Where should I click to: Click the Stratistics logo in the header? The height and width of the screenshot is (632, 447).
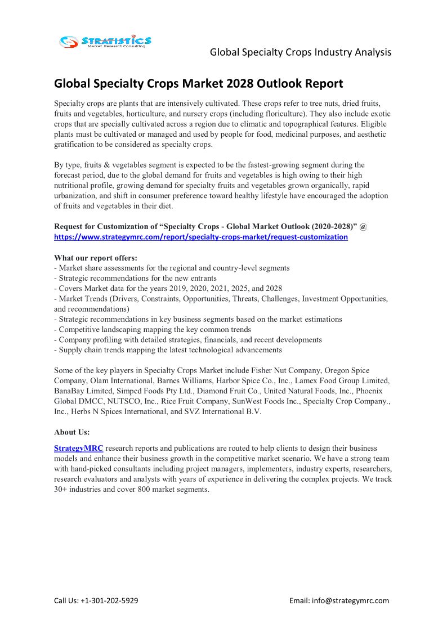pos(105,41)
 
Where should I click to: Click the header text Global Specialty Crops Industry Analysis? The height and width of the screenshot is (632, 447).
pos(301,52)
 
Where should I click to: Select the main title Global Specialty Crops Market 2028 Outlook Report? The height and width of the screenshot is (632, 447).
pos(198,84)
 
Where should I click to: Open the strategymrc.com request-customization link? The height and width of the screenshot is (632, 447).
pos(200,237)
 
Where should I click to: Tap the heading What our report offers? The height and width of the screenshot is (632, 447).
pos(96,258)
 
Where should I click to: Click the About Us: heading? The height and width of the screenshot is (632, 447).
pos(71,432)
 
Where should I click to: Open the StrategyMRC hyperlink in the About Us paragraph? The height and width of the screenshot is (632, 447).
pos(78,449)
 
